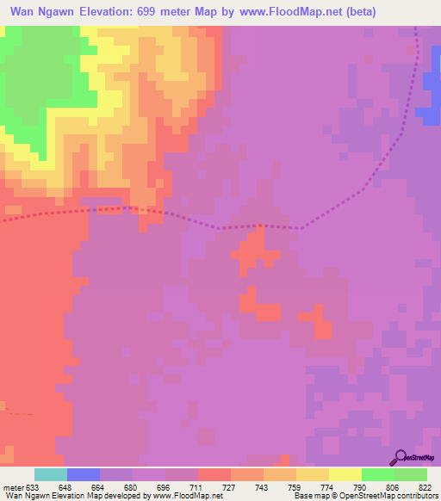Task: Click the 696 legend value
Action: [x=165, y=486]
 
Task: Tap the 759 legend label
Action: [x=295, y=486]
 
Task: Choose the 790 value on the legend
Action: [x=360, y=486]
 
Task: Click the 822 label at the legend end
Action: [x=425, y=486]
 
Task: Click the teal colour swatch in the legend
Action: [x=51, y=474]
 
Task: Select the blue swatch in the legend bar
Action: [x=84, y=474]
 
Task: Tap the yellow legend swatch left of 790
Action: [x=345, y=474]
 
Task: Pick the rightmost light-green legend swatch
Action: [x=411, y=474]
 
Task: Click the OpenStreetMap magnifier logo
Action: [x=401, y=458]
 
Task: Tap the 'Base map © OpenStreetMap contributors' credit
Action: [x=365, y=496]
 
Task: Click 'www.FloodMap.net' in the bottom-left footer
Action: [x=188, y=496]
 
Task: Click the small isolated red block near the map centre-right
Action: [x=323, y=328]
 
